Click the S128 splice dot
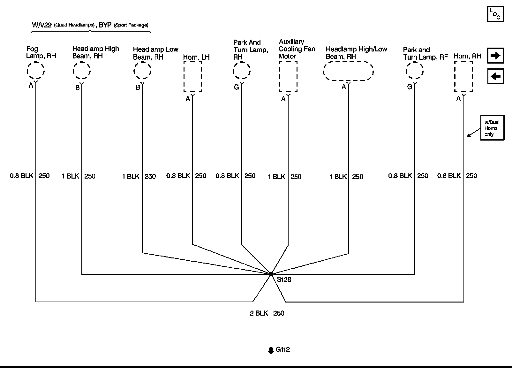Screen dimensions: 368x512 (x=271, y=274)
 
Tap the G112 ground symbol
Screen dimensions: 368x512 (x=271, y=349)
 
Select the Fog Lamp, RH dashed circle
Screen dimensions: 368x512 (x=35, y=70)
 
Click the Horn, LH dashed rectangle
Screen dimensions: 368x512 (x=192, y=77)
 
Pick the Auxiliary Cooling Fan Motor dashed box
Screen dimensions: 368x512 (x=288, y=77)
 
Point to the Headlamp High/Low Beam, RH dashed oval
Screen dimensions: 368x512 (x=348, y=71)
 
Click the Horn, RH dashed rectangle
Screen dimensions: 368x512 (x=463, y=77)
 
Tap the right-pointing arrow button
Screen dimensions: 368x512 (x=495, y=56)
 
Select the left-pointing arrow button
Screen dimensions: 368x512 (x=495, y=77)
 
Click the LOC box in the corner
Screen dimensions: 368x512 (x=495, y=14)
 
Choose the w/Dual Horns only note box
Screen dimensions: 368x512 (x=492, y=128)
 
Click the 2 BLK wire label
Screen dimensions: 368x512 (x=259, y=313)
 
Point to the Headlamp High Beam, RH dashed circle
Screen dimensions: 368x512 (x=82, y=70)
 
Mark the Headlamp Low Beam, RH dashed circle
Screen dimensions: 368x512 (x=142, y=71)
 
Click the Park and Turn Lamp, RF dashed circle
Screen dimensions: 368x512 (x=415, y=71)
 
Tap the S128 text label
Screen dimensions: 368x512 (x=284, y=280)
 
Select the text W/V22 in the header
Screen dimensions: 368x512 (x=42, y=25)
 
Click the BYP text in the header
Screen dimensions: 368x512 (x=105, y=25)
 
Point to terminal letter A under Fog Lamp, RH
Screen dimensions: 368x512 (x=31, y=86)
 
